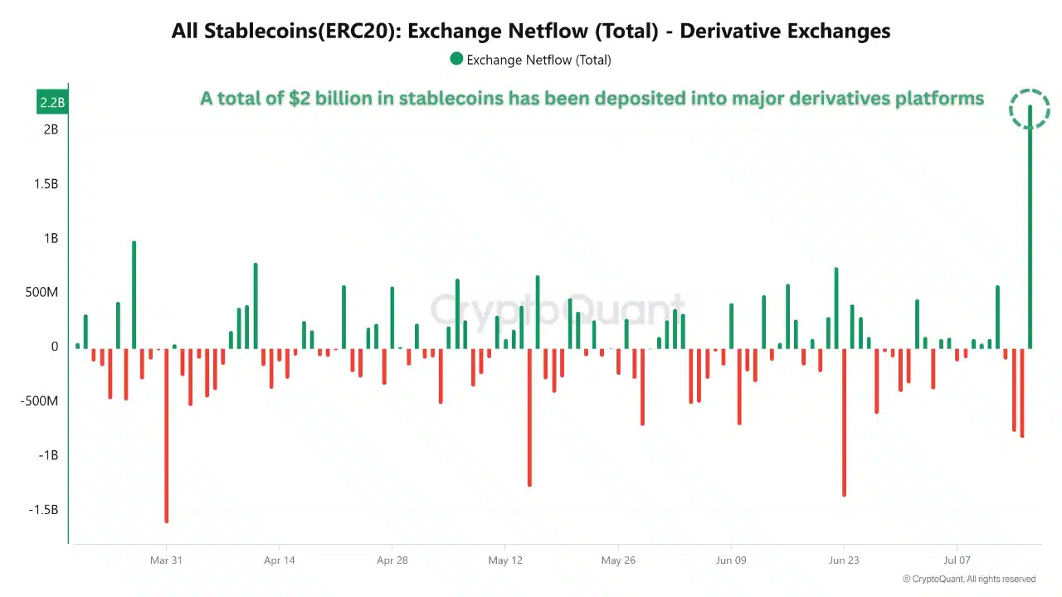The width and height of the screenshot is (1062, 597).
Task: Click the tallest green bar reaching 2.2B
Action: click(x=1030, y=232)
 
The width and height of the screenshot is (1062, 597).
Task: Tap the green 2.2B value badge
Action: click(x=51, y=103)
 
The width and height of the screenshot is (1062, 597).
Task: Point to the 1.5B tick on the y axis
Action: click(x=46, y=184)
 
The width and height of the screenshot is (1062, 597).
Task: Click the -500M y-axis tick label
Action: click(x=41, y=401)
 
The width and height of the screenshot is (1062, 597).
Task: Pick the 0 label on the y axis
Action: click(x=54, y=347)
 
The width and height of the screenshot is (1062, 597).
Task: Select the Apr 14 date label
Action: click(x=279, y=561)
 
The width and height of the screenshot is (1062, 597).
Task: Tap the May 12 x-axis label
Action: click(x=505, y=561)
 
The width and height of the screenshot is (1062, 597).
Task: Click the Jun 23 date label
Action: click(x=844, y=561)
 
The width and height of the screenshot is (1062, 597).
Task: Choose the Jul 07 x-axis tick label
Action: click(x=957, y=561)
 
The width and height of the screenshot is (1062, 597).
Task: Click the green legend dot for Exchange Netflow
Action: click(x=456, y=60)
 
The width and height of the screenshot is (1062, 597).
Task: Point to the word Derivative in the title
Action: click(x=730, y=32)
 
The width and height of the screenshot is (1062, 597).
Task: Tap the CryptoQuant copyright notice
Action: click(x=968, y=579)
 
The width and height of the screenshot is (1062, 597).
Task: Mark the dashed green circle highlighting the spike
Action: click(x=1030, y=109)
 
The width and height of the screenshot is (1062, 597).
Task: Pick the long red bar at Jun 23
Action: click(x=844, y=422)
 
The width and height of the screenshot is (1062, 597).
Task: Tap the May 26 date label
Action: click(x=617, y=561)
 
